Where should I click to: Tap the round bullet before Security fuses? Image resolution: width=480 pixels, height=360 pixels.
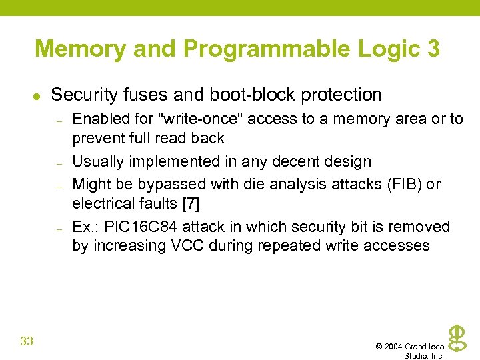[x=37, y=96]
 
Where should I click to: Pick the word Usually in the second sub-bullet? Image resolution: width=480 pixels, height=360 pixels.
[x=97, y=161]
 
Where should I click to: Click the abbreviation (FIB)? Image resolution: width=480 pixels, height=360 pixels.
[x=401, y=183]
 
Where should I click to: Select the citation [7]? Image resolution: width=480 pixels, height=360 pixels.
[x=191, y=203]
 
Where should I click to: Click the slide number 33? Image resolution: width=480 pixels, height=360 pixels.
[x=27, y=342]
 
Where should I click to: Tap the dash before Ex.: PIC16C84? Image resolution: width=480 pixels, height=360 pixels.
[x=59, y=228]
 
